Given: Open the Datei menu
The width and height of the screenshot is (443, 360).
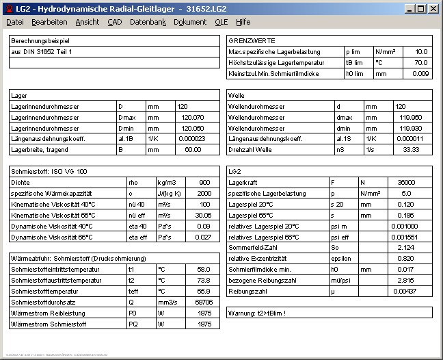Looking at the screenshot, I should (15, 22).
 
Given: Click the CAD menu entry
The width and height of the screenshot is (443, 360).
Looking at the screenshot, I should (115, 22).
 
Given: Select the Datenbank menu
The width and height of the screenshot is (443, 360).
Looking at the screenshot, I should (148, 22).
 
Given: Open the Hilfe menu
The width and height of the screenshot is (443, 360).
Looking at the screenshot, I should (243, 22).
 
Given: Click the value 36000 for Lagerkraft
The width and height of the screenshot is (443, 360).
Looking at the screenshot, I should (406, 183).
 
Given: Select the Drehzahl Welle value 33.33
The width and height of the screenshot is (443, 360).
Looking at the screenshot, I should (412, 149).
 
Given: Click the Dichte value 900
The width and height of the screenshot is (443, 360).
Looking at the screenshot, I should (204, 183).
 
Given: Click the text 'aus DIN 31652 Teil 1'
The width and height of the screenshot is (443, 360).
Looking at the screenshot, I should (42, 51).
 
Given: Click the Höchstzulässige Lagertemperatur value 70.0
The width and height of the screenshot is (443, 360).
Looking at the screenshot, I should (421, 62).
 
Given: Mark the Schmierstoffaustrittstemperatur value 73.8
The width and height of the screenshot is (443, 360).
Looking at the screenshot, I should (203, 280).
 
